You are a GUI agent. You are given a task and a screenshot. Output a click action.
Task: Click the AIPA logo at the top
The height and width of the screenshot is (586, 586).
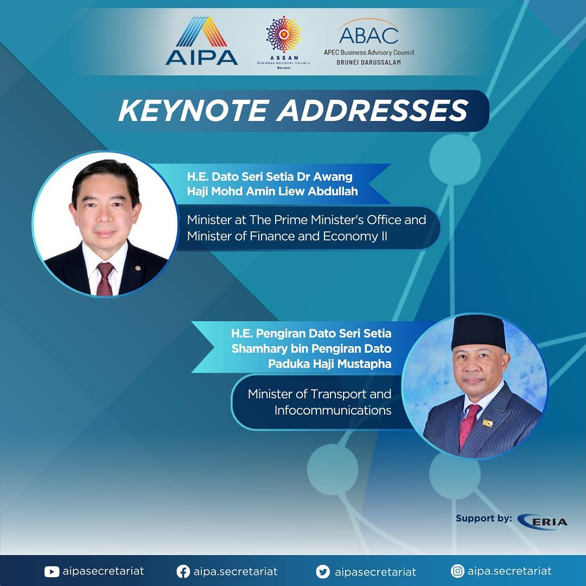[x=202, y=41]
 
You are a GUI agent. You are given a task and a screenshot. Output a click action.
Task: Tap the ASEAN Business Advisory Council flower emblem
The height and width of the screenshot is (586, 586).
[x=284, y=34]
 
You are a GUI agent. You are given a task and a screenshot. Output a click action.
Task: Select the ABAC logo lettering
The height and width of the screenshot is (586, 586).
[x=369, y=35]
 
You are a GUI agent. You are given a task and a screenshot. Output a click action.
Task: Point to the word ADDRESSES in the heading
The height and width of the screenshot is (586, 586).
[x=372, y=111]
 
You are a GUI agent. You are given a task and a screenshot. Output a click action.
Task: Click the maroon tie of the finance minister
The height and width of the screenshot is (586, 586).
[x=105, y=278]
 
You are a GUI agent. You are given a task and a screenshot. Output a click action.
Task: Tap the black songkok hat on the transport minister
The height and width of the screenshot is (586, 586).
[x=479, y=332]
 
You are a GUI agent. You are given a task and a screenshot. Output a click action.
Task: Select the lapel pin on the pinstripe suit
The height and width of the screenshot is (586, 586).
[x=488, y=423]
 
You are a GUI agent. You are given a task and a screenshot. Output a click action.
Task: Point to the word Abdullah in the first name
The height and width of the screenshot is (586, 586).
[x=333, y=192]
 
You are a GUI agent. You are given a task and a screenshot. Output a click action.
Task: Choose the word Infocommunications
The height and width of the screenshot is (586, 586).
[x=333, y=410]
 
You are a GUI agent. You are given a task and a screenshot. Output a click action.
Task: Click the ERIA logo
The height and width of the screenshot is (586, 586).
[x=543, y=521]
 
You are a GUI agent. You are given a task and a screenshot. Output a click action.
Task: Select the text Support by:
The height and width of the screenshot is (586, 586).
[x=483, y=519]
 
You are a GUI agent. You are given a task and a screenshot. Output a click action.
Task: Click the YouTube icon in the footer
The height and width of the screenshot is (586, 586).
[x=52, y=572]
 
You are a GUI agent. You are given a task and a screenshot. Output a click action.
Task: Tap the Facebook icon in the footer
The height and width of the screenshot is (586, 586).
[x=183, y=572]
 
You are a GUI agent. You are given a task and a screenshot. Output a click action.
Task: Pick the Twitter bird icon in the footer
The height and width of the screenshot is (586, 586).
[x=323, y=572]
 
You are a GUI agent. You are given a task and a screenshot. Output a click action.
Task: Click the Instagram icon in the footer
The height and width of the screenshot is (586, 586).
[x=457, y=571]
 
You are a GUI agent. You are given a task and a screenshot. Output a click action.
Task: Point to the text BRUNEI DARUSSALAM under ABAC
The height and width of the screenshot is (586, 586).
[x=368, y=62]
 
